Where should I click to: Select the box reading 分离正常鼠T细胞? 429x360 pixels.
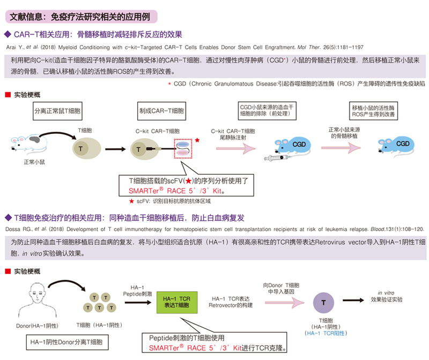click(x=57, y=112)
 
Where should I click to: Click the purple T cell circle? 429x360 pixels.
click(x=323, y=303)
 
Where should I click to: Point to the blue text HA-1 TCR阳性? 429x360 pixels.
click(x=323, y=333)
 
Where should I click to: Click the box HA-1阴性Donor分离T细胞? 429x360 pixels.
click(x=67, y=341)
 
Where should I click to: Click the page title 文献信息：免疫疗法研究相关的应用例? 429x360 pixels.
click(x=80, y=17)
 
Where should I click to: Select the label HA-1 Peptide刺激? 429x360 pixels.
click(x=138, y=291)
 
